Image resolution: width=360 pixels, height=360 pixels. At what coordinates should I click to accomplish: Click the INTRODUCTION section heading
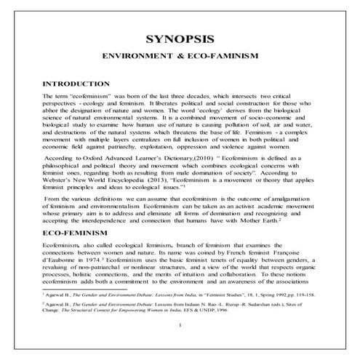[x=76, y=84]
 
